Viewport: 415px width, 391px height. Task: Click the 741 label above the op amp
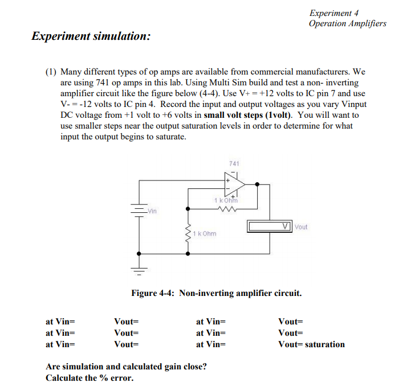coord(233,164)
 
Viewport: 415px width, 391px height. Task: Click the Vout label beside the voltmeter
coord(301,227)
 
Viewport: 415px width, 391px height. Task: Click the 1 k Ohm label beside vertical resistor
coord(205,233)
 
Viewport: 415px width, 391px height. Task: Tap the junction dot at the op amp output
coord(258,184)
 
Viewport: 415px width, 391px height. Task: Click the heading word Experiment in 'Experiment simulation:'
coord(61,36)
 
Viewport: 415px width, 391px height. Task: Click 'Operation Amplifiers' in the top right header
coord(347,23)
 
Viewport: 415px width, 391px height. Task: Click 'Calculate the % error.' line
coord(89,378)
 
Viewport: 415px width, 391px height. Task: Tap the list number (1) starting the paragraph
coord(51,72)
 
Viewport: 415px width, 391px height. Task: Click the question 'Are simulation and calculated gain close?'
coord(126,367)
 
